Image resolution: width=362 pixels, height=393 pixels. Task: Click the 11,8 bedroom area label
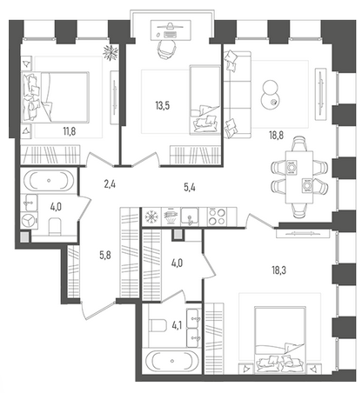[x=70, y=131]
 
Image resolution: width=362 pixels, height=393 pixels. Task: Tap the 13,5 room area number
[x=163, y=106]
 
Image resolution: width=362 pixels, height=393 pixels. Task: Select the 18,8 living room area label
[x=276, y=135]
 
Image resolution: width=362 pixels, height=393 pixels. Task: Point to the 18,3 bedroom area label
[x=279, y=270]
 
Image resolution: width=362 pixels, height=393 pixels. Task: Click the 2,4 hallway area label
[x=110, y=184]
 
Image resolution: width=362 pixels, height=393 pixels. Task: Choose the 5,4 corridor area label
[x=190, y=188]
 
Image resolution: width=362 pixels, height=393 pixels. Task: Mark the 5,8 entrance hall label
[x=105, y=256]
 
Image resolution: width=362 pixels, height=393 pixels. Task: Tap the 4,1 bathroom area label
[x=177, y=326]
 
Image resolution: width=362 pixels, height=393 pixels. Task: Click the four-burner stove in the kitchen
[x=218, y=216]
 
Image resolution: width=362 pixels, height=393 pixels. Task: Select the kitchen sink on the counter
[x=190, y=216]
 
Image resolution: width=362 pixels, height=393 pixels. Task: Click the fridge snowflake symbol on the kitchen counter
[x=151, y=216]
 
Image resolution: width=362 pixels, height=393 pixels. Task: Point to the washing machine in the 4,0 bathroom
[x=29, y=221]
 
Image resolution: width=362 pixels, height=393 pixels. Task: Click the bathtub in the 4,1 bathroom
[x=172, y=361]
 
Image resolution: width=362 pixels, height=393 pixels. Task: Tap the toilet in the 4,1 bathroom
[x=157, y=325]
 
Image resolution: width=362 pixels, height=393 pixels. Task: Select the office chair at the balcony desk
[x=167, y=49]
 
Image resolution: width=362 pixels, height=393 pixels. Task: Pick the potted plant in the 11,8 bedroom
[x=111, y=53]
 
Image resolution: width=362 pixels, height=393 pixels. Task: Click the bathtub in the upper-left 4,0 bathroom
[x=49, y=180]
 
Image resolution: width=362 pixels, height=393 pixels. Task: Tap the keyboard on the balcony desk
[x=171, y=35]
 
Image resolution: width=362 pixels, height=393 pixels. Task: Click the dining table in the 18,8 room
[x=299, y=177]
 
